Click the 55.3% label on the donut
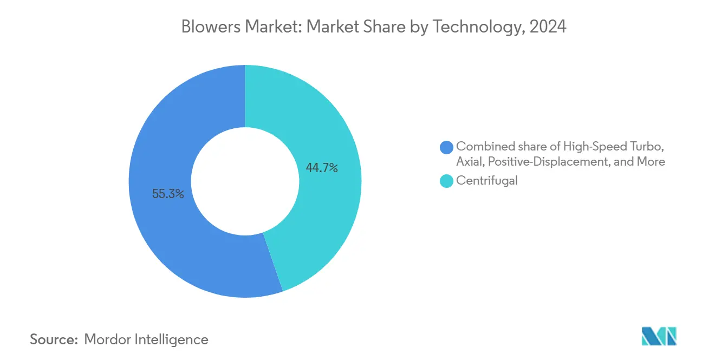coord(168,194)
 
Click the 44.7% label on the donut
coord(322,168)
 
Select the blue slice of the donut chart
coord(162,238)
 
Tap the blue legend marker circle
coord(447,147)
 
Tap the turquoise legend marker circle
coord(447,181)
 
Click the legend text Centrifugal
coord(487,181)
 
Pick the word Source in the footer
coord(52,339)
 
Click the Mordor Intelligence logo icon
coord(659,336)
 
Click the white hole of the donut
coord(245,181)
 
